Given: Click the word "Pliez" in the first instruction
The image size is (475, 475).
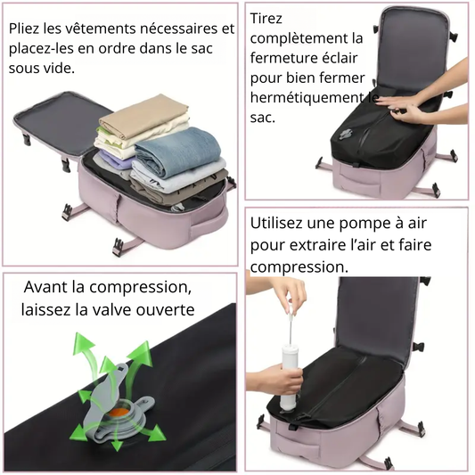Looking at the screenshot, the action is coord(24,29).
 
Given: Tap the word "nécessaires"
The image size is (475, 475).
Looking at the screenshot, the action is coord(179,29).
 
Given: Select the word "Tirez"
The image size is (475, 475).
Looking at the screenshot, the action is coord(266,19).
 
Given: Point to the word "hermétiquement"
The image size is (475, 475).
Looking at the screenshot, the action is coord(307,97).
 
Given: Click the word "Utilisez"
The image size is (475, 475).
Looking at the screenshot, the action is coord(276,224).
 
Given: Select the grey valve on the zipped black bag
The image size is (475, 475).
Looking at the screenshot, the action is coord(346,134).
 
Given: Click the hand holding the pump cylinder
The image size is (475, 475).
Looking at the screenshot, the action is coord(274,379).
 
